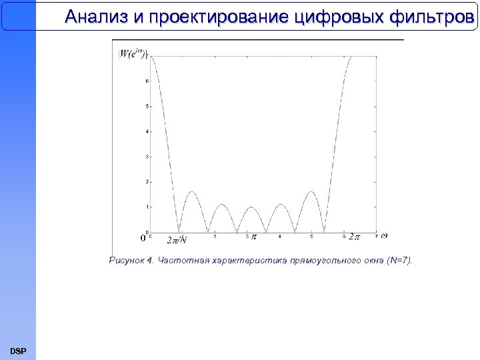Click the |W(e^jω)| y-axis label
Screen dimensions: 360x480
[133, 54]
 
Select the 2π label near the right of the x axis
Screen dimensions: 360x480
[354, 237]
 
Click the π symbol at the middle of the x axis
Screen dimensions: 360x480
[254, 237]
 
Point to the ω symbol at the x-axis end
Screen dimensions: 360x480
[384, 236]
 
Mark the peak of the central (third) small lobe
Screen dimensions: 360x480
[251, 207]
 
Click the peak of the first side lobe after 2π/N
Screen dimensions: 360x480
[192, 192]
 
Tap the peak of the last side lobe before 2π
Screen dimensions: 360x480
[310, 192]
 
